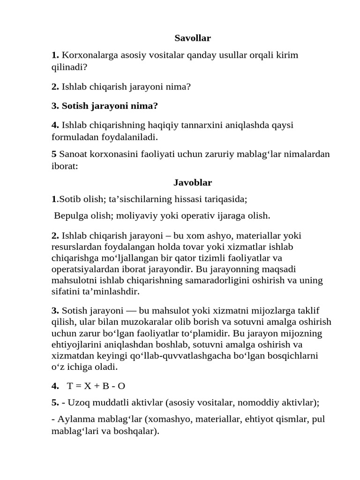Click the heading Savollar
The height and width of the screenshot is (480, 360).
pos(193,38)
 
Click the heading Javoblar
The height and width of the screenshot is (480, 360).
pos(193,182)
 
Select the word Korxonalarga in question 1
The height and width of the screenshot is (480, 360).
pos(89,55)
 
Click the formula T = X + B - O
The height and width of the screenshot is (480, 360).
pos(96,386)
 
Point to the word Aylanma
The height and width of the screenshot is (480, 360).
pos(73,419)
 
